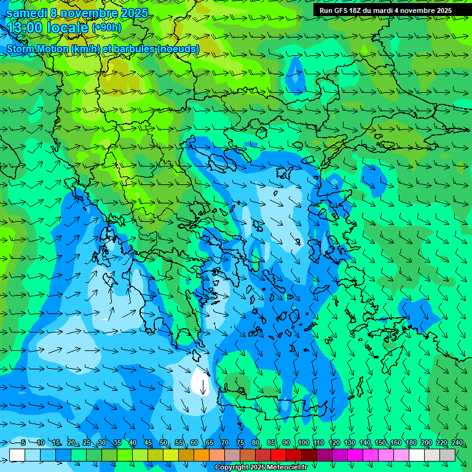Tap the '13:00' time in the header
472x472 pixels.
pyautogui.click(x=24, y=28)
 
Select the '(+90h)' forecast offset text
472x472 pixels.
pyautogui.click(x=106, y=28)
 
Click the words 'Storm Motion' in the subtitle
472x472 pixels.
pyautogui.click(x=36, y=49)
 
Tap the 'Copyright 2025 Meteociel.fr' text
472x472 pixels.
pyautogui.click(x=261, y=468)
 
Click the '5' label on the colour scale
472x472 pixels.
pyautogui.click(x=23, y=442)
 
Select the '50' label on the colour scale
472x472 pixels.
pyautogui.click(x=163, y=442)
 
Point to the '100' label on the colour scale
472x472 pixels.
pyautogui.click(x=303, y=442)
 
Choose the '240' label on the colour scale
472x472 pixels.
pyautogui.click(x=457, y=442)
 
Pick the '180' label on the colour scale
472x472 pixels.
pyautogui.click(x=411, y=442)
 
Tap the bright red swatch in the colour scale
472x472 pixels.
pyautogui.click(x=278, y=455)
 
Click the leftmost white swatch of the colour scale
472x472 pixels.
pyautogui.click(x=17, y=455)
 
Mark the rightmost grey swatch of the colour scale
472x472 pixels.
pyautogui.click(x=447, y=455)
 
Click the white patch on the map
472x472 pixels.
pyautogui.click(x=199, y=383)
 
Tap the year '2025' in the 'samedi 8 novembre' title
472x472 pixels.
pyautogui.click(x=133, y=13)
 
